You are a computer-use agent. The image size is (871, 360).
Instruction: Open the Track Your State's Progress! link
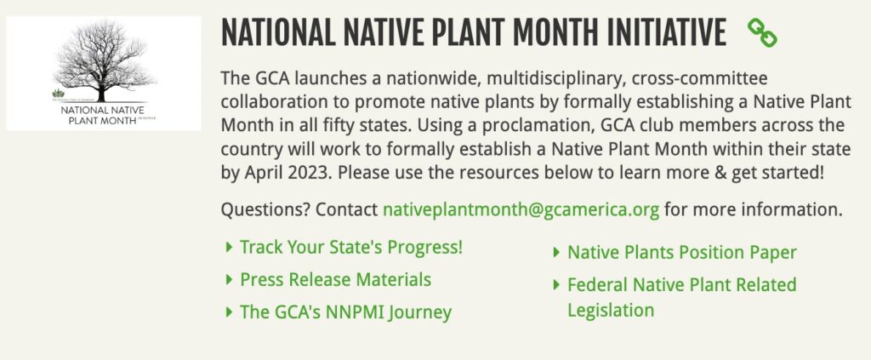(351, 248)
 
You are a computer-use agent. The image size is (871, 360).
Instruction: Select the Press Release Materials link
(335, 280)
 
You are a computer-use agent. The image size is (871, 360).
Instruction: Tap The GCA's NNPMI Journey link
(345, 312)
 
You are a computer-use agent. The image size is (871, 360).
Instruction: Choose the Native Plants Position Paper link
(681, 252)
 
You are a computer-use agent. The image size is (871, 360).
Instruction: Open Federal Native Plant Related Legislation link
(681, 296)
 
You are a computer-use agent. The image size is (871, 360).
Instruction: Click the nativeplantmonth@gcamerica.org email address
(521, 209)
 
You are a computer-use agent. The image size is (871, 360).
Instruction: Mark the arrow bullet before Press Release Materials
(229, 279)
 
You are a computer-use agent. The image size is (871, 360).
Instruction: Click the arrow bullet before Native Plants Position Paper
(556, 252)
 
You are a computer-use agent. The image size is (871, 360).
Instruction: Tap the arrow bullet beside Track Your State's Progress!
(229, 248)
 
